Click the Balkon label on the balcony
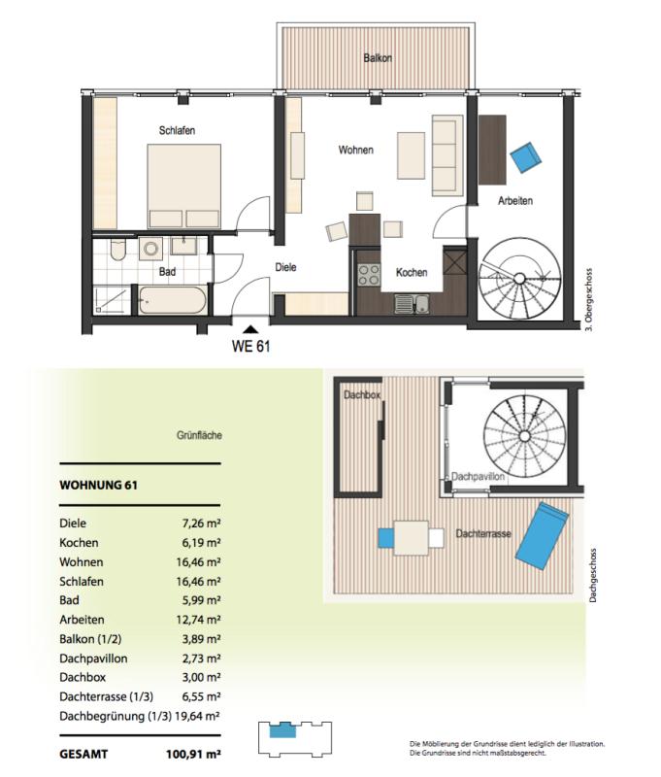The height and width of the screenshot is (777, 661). coord(378,58)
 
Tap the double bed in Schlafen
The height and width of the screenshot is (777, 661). coord(184,186)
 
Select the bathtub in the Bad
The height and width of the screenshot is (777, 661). coord(173,300)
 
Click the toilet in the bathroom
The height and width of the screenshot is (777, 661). coord(118,250)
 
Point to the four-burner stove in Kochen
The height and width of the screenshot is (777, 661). coord(369,276)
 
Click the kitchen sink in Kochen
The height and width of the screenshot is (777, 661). coord(412,304)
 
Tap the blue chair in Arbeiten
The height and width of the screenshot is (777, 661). coord(526,157)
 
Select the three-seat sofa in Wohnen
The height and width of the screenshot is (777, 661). coord(447,155)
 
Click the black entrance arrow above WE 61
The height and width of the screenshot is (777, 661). coord(251,328)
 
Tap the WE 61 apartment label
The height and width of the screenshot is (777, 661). coord(251,346)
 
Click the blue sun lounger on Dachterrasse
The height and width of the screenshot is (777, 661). coord(542,536)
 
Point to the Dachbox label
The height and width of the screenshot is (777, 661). coord(362,395)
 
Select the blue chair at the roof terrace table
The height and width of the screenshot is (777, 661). coord(385,538)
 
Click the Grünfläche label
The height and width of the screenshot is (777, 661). coord(199,435)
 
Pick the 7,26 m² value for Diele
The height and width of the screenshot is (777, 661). coord(201,524)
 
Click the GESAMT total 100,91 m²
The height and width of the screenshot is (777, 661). coord(193,755)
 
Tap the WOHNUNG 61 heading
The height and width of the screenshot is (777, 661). coord(99,485)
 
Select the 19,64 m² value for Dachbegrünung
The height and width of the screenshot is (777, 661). coord(198,716)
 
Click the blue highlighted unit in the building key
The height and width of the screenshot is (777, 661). coord(282,730)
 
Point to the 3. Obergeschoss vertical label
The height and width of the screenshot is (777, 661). coord(589,300)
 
